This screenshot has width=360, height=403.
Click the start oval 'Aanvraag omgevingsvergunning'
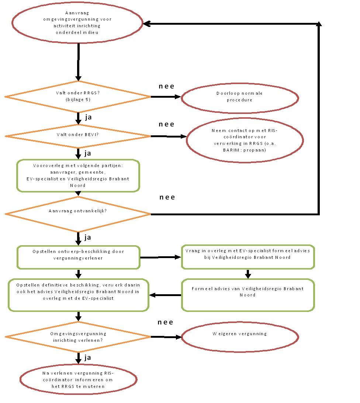tap(77, 22)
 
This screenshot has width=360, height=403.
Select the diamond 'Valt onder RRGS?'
tap(78, 97)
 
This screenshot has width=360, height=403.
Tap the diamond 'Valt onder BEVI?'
tap(78, 136)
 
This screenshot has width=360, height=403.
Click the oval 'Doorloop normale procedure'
tap(239, 97)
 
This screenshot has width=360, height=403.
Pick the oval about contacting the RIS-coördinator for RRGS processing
tap(245, 140)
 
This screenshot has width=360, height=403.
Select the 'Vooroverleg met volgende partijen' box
tap(78, 176)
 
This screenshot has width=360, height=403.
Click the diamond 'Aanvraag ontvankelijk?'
tap(78, 213)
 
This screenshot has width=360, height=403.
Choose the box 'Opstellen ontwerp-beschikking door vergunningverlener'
tap(78, 257)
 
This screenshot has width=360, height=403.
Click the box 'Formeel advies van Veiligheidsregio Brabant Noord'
tap(247, 295)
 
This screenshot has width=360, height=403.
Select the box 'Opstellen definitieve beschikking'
tap(78, 295)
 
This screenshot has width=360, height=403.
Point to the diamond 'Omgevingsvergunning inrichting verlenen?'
tap(78, 336)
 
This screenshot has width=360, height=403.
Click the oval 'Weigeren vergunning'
tap(239, 337)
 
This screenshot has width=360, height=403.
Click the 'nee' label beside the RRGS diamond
tap(166, 86)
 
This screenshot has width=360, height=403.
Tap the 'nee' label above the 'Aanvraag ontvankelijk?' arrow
tap(167, 197)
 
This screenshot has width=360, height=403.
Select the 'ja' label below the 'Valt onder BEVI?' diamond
tap(88, 153)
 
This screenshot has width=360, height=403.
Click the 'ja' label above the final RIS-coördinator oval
tap(88, 357)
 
